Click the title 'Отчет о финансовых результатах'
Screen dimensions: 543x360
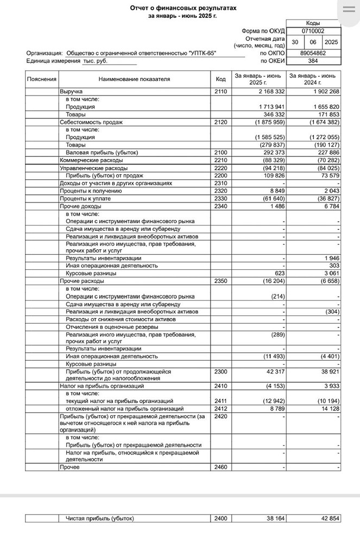183,8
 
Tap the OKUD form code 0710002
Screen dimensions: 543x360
313,31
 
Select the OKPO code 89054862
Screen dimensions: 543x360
313,54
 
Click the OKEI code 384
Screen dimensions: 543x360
313,61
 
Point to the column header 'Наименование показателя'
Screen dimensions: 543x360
134,79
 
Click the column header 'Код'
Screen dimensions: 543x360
220,79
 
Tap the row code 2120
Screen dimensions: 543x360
220,122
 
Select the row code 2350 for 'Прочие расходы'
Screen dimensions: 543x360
220,281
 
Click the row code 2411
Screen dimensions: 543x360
220,401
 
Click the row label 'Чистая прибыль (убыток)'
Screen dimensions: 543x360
99,519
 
